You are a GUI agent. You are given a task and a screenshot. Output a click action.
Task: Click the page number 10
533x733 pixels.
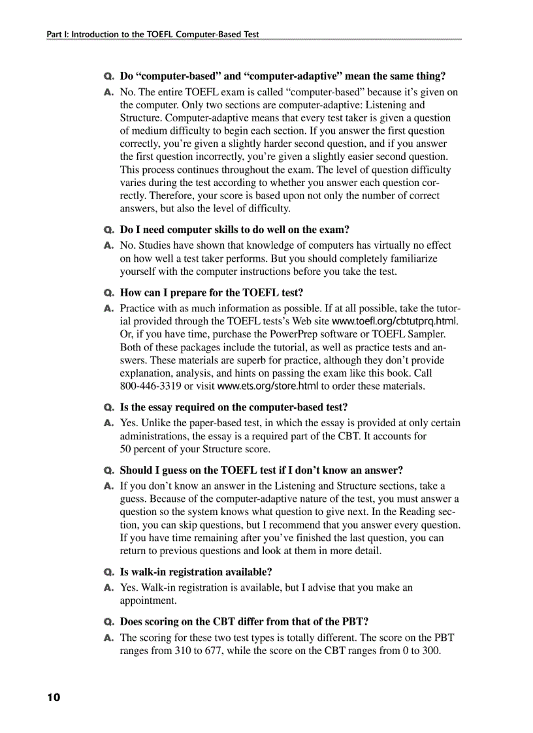pyautogui.click(x=53, y=698)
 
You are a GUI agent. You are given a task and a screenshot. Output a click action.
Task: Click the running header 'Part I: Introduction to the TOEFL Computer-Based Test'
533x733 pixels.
pyautogui.click(x=152, y=34)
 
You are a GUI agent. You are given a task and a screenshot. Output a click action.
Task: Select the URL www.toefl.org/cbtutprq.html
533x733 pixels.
pyautogui.click(x=395, y=321)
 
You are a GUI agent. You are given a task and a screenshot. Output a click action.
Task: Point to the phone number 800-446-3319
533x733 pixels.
pyautogui.click(x=150, y=386)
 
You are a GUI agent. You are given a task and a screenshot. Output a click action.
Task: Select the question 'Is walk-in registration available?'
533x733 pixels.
pyautogui.click(x=196, y=572)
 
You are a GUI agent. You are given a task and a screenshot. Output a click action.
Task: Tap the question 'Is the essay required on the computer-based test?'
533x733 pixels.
pyautogui.click(x=234, y=407)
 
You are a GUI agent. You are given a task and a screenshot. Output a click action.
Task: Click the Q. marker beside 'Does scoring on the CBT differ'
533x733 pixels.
pyautogui.click(x=109, y=622)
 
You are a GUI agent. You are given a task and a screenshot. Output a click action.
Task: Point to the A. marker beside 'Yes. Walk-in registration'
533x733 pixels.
pyautogui.click(x=109, y=587)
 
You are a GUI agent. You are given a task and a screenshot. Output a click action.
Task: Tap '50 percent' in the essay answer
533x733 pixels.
pyautogui.click(x=145, y=449)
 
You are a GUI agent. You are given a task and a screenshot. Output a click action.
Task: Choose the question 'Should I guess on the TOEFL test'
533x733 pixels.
pyautogui.click(x=261, y=470)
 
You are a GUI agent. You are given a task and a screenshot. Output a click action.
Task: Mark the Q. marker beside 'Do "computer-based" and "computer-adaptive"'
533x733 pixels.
pyautogui.click(x=109, y=76)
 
